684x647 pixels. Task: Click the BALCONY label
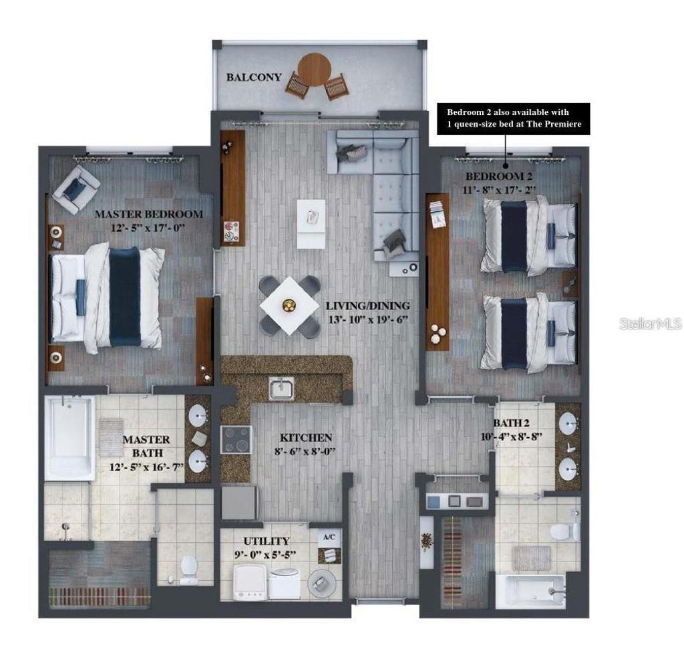[x=254, y=77]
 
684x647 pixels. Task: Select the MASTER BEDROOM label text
[x=148, y=215]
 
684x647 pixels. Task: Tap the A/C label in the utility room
[x=329, y=537]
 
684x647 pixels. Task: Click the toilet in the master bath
[x=188, y=569]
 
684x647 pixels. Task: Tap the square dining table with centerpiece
[x=289, y=305]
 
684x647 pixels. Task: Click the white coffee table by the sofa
[x=312, y=223]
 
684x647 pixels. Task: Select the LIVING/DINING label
[x=367, y=306]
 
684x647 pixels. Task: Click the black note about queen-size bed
[x=513, y=118]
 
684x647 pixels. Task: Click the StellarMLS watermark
[x=651, y=324]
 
